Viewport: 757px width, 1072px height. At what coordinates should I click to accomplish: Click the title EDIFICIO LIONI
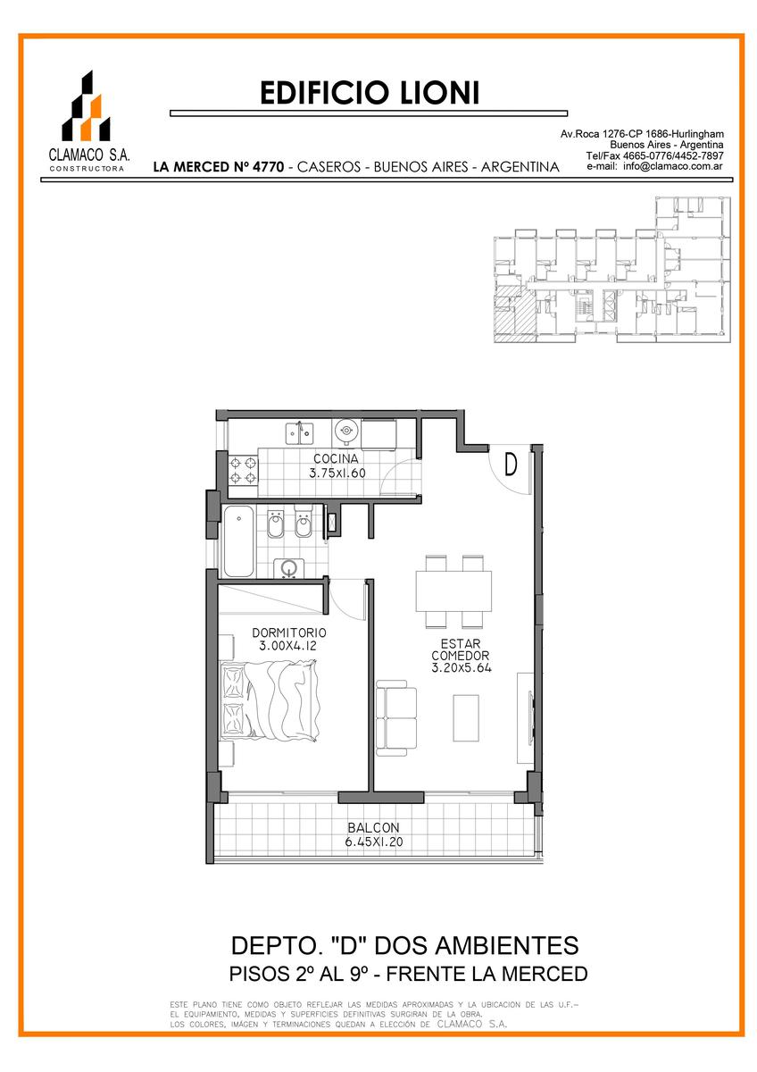(x=370, y=93)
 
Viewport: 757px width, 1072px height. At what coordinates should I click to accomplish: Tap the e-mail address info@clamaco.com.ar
(x=673, y=166)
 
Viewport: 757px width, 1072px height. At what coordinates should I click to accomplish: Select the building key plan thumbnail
(x=611, y=270)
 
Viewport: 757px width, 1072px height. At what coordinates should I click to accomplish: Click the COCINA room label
(x=336, y=458)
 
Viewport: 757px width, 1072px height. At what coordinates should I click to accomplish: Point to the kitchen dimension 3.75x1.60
(x=337, y=473)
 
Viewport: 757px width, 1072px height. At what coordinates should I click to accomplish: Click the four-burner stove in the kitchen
(x=244, y=471)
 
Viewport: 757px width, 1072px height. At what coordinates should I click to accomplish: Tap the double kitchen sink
(x=299, y=432)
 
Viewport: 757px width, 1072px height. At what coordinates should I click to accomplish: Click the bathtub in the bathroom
(x=238, y=540)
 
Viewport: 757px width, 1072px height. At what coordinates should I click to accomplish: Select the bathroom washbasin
(x=289, y=568)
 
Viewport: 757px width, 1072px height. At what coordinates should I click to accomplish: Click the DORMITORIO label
(x=289, y=632)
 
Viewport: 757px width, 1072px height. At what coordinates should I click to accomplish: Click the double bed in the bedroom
(x=270, y=700)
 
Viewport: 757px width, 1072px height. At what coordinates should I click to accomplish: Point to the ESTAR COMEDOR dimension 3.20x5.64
(x=462, y=668)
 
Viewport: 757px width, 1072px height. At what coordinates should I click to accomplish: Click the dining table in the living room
(x=453, y=591)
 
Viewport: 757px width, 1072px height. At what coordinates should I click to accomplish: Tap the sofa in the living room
(x=396, y=718)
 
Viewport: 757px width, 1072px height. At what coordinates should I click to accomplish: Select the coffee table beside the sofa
(x=466, y=718)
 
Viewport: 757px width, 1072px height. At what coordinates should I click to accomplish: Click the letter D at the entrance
(x=511, y=465)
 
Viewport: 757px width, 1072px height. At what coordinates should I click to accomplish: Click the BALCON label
(x=373, y=827)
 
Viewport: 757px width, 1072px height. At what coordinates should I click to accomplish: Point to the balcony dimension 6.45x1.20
(x=374, y=842)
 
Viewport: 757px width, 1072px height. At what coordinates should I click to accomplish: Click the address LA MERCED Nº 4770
(x=219, y=167)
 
